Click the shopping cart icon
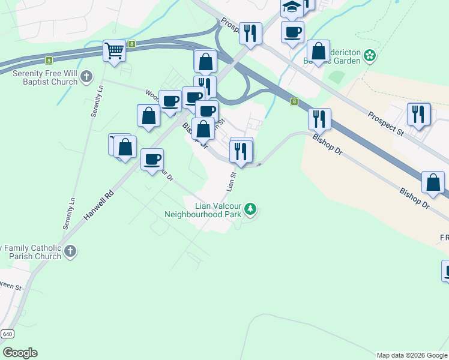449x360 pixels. tap(114, 50)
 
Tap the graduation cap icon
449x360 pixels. tap(292, 7)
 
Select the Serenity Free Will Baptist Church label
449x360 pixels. tap(46, 77)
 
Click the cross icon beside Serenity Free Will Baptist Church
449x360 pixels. tap(87, 77)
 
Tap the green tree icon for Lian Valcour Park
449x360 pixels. tap(250, 209)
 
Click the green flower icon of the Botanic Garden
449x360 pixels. tap(370, 57)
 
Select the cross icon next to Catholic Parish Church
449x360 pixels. tap(71, 251)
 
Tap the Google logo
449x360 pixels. tap(20, 353)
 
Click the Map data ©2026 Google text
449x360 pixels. tap(411, 355)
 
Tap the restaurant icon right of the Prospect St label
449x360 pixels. tap(418, 114)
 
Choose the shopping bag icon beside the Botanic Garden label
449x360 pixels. tap(318, 51)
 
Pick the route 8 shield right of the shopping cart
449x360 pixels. tap(132, 44)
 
